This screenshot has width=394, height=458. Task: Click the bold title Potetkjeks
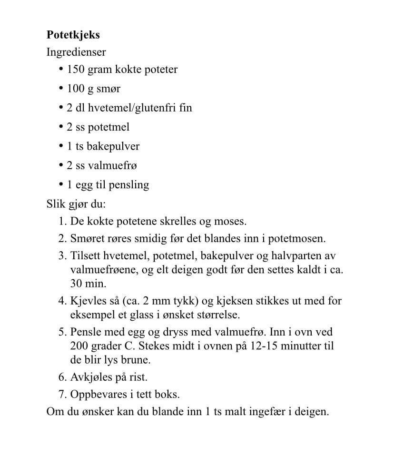[x=73, y=35]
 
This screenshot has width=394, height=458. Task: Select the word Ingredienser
[x=76, y=52]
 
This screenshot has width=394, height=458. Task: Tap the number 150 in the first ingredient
[x=76, y=70]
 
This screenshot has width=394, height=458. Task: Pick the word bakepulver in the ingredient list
[x=113, y=146]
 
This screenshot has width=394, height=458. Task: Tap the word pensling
[x=128, y=185]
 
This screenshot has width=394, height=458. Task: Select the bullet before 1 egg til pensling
[x=61, y=184]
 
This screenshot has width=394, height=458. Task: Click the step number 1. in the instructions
[x=62, y=222]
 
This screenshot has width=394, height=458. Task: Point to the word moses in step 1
[x=231, y=222]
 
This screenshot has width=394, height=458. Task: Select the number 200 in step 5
[x=79, y=346]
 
